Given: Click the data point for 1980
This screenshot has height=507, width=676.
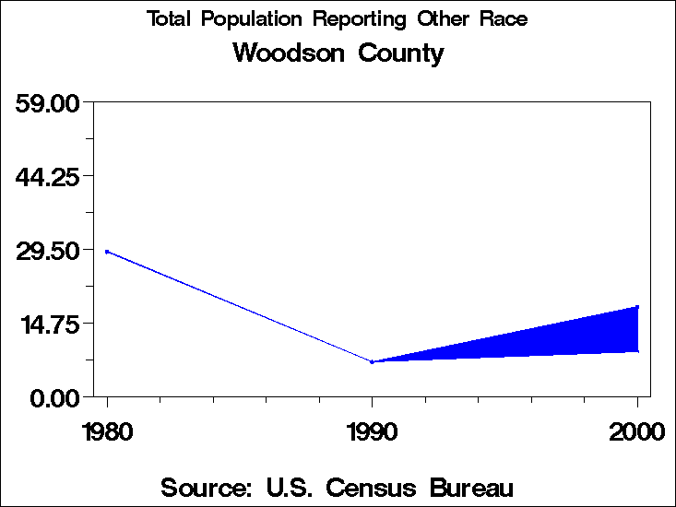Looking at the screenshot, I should click(x=107, y=251).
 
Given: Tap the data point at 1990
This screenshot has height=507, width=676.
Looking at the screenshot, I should click(x=372, y=361).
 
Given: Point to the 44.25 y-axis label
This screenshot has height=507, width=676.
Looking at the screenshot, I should click(x=51, y=176).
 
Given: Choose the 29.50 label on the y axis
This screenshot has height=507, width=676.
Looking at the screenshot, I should click(x=51, y=250).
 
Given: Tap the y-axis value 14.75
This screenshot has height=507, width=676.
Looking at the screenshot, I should click(x=51, y=324).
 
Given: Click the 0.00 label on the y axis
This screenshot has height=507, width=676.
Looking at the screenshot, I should click(x=58, y=397).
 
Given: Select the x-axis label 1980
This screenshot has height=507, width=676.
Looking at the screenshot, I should click(x=107, y=431).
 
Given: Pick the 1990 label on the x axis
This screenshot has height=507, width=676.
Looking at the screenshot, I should click(x=372, y=431).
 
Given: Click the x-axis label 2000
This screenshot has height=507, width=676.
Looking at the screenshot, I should click(x=636, y=431).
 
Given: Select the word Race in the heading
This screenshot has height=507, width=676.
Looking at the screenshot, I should click(x=503, y=19).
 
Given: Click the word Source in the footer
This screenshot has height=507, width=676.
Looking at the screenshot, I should click(x=207, y=487).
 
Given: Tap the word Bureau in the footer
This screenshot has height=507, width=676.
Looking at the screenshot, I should click(x=470, y=487).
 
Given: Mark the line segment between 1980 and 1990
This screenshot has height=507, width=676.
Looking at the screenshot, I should click(x=240, y=306).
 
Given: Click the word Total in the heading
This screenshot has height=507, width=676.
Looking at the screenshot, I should click(x=170, y=19).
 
